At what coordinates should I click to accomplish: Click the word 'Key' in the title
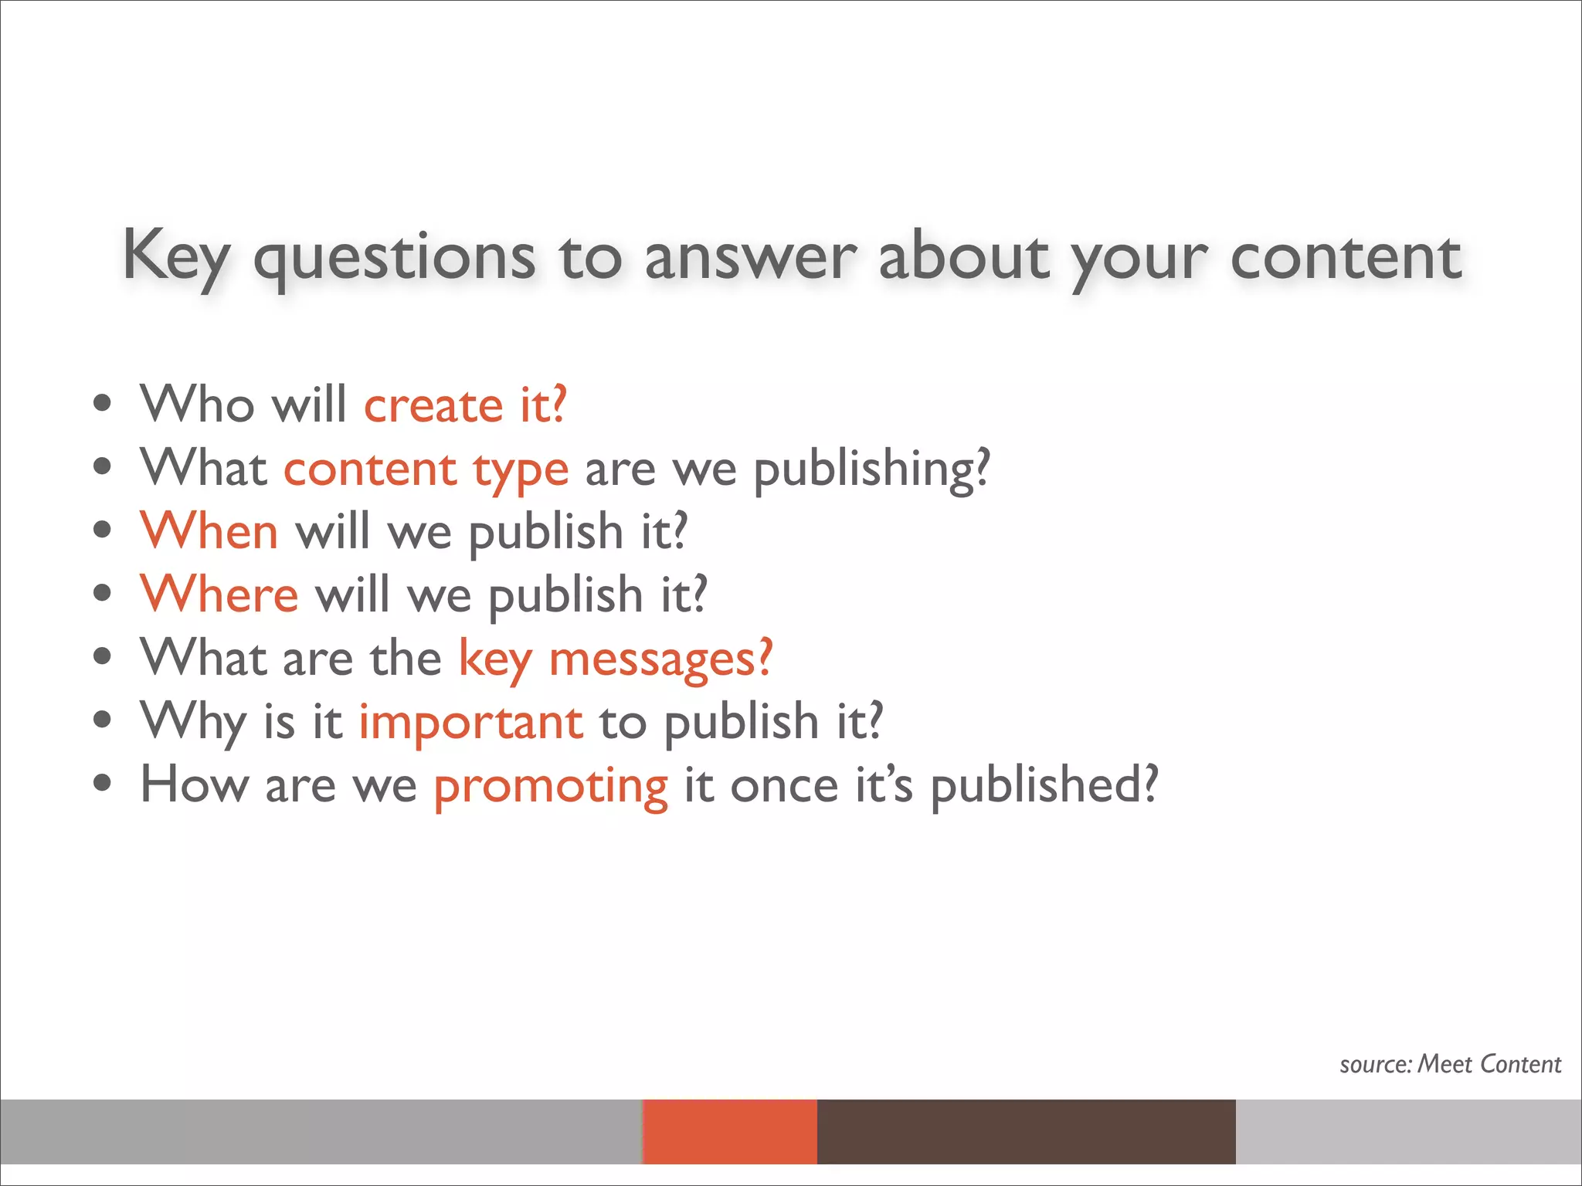[x=176, y=256]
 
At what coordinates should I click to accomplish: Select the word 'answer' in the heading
[x=750, y=256]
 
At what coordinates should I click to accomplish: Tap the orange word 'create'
[x=433, y=405]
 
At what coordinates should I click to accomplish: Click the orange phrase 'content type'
[x=426, y=468]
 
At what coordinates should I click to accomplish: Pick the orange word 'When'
[x=209, y=531]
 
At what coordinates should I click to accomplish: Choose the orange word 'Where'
[x=219, y=595]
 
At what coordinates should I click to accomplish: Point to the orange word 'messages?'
[x=660, y=658]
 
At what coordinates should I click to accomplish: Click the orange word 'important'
[x=471, y=721]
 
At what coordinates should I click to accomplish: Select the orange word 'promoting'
[x=551, y=785]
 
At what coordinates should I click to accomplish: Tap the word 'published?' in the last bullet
[x=1044, y=785]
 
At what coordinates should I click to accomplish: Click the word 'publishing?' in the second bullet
[x=871, y=468]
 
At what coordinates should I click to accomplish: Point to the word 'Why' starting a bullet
[x=193, y=721]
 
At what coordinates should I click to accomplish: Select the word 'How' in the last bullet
[x=195, y=785]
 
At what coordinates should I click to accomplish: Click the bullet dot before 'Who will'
[x=102, y=404]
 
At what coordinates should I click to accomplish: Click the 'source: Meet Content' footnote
[x=1450, y=1064]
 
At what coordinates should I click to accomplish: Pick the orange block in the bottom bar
[x=729, y=1131]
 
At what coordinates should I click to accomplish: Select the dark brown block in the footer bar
[x=1026, y=1131]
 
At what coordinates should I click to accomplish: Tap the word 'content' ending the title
[x=1345, y=256]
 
